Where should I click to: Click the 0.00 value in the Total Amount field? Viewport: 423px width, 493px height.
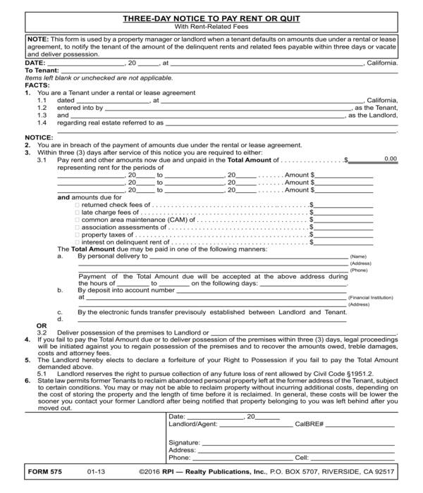click(x=391, y=158)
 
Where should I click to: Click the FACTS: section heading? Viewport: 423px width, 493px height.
click(x=37, y=85)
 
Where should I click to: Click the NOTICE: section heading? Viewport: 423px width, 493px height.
click(x=39, y=137)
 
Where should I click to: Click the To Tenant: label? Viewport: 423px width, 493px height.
click(x=42, y=70)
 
